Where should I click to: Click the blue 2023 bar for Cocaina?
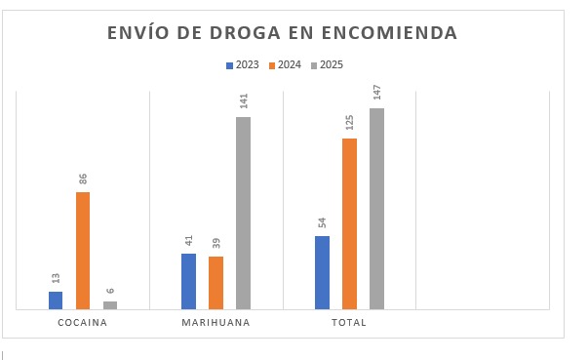tap(56, 300)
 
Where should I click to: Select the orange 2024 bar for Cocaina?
tap(83, 251)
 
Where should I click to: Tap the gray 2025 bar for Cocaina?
tap(110, 305)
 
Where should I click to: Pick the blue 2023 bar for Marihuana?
tap(188, 282)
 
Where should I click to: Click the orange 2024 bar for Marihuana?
tap(216, 283)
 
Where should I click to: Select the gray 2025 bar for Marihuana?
tap(243, 214)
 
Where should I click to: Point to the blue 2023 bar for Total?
tap(322, 273)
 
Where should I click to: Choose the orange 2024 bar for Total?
tap(349, 224)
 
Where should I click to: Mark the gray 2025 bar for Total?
tap(376, 209)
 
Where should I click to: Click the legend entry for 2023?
tap(243, 65)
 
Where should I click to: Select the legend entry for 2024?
tap(285, 65)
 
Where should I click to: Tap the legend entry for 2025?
tap(327, 65)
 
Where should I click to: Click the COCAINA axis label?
tap(82, 323)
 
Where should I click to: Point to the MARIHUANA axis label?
tap(216, 323)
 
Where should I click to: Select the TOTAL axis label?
tap(349, 323)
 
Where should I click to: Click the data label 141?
tap(244, 101)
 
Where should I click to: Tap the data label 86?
tap(83, 180)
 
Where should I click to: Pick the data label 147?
tap(376, 93)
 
